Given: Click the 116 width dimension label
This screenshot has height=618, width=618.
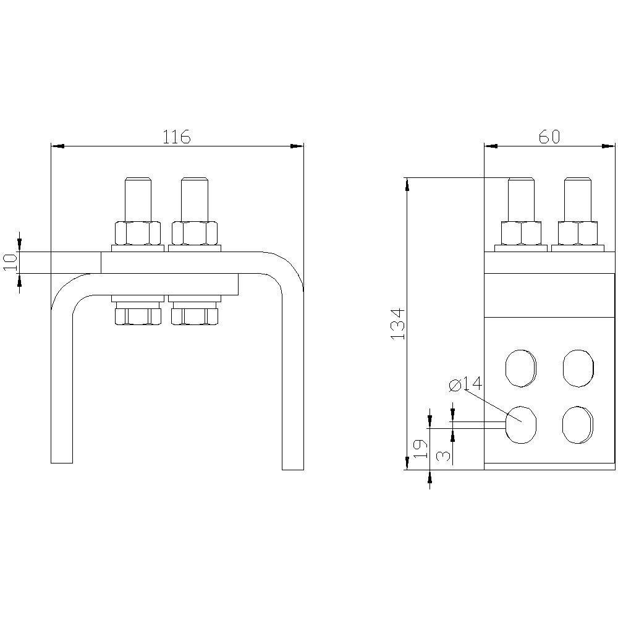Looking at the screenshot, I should point(176,137).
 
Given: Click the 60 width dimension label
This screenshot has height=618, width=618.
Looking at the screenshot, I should point(549,137).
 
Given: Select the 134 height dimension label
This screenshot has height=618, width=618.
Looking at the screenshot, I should point(398,323).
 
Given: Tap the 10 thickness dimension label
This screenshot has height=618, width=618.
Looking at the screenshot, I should point(10,262).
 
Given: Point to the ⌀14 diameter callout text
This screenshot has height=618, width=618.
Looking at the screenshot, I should point(465,384).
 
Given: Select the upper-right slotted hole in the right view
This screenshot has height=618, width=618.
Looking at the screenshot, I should point(578,368).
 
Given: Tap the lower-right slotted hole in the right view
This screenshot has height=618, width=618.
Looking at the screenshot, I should point(578,425).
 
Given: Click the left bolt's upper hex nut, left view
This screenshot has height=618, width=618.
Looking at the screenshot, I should point(138,233).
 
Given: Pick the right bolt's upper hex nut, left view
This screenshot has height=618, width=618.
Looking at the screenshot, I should point(195,233).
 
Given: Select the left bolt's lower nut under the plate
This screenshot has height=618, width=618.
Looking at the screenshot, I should point(138,316).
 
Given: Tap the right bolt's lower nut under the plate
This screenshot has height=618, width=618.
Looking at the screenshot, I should point(195,316).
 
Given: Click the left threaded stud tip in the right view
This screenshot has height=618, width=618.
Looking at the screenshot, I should point(521,198).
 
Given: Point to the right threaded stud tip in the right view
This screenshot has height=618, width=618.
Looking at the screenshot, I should point(578,198).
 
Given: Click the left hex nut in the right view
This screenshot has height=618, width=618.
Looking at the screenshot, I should point(521,233).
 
